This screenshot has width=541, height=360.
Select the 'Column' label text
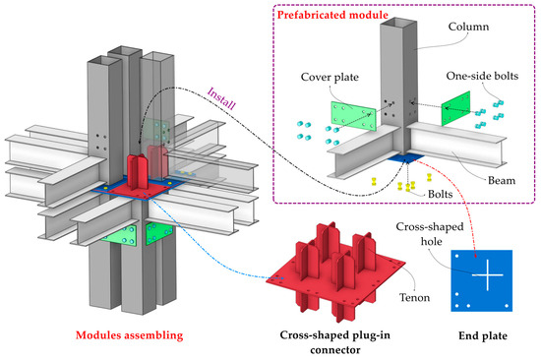(456, 29)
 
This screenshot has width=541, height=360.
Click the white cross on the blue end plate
(486, 279)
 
